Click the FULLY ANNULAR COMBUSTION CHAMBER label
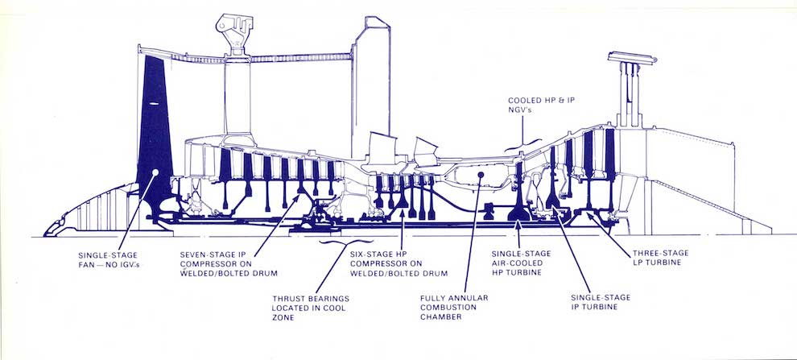(x=454, y=307)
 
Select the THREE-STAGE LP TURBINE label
(x=660, y=259)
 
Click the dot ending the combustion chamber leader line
(x=481, y=173)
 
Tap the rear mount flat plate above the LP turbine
(x=631, y=57)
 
